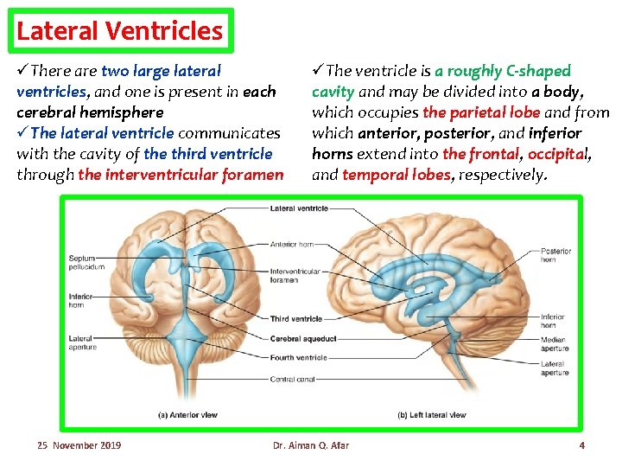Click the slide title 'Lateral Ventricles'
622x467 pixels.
119,32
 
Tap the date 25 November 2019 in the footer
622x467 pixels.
79,445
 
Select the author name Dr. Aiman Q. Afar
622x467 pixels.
311,445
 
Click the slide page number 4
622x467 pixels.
581,445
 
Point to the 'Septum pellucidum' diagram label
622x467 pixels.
86,262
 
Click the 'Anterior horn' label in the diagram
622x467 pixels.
292,244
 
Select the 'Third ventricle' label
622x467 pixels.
296,319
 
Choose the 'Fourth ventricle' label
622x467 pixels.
299,357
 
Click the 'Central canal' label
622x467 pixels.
293,379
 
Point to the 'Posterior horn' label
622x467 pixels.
555,255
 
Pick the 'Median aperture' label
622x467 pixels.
553,344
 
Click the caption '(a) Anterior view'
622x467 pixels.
187,415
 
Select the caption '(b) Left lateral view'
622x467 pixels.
431,415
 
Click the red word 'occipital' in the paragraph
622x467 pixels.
557,154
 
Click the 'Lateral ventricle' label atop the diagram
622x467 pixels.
299,208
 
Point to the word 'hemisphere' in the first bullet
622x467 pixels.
120,112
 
